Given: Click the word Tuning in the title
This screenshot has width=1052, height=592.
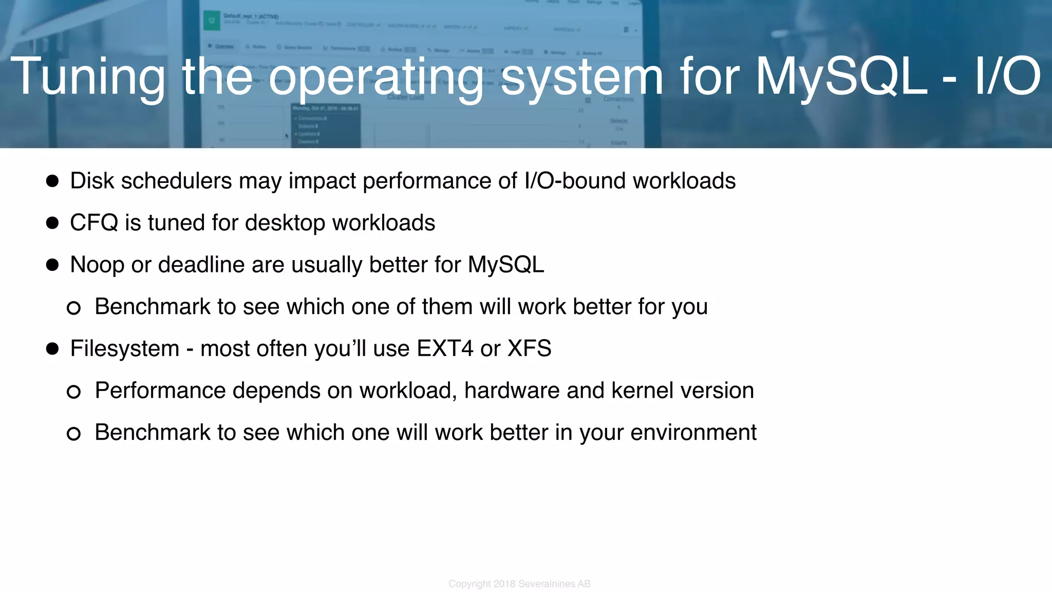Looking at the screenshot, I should pyautogui.click(x=87, y=77).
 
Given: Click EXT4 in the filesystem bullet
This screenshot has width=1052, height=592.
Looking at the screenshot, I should pyautogui.click(x=445, y=349).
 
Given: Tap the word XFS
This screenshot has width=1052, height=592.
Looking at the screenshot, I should pyautogui.click(x=529, y=349).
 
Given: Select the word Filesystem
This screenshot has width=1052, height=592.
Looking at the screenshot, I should pyautogui.click(x=124, y=349).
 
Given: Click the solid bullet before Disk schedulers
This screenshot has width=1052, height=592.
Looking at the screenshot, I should pyautogui.click(x=52, y=181).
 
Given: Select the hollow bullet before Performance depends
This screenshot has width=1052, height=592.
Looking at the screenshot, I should pyautogui.click(x=73, y=392).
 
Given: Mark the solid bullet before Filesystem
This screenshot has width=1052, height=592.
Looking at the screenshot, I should pyautogui.click(x=52, y=349).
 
